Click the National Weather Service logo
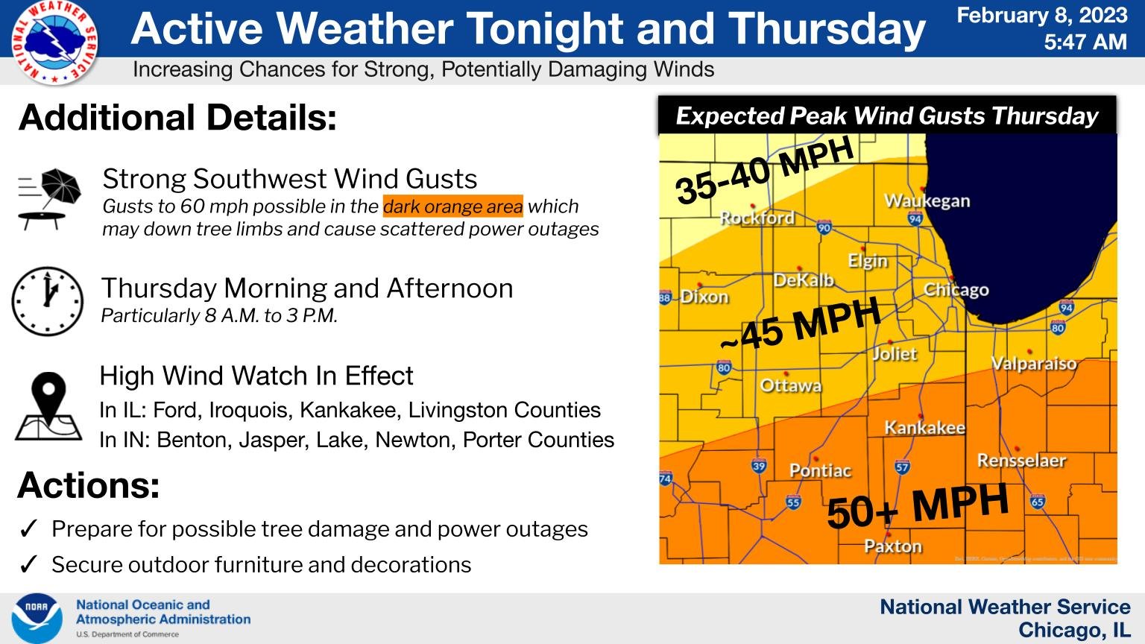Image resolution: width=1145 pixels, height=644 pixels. click(x=54, y=42)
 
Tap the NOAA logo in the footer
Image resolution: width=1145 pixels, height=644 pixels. click(x=37, y=619)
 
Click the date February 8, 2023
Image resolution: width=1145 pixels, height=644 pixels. click(x=1041, y=16)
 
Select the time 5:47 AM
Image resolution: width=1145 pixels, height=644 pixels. click(x=1085, y=42)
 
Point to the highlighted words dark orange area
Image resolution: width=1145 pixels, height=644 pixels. click(x=452, y=206)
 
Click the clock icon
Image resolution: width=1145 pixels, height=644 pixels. click(x=48, y=301)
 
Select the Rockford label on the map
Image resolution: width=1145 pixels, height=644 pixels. click(x=757, y=218)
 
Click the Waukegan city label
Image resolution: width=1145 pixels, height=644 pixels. click(x=927, y=201)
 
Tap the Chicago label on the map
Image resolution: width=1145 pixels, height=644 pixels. click(x=956, y=290)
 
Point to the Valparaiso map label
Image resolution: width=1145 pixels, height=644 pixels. click(x=1033, y=364)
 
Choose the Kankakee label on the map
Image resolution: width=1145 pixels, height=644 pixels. click(x=924, y=428)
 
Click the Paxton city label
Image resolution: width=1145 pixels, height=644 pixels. click(x=892, y=546)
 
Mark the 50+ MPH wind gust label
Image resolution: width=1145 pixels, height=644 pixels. click(x=918, y=506)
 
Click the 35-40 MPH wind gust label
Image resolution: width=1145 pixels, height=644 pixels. click(x=764, y=171)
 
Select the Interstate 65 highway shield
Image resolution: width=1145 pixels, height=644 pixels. click(x=1037, y=501)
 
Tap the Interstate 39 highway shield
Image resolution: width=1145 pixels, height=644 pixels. click(x=759, y=467)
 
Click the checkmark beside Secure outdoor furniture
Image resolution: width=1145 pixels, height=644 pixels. click(x=28, y=565)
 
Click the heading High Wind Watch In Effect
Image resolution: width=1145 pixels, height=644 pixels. click(x=256, y=376)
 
